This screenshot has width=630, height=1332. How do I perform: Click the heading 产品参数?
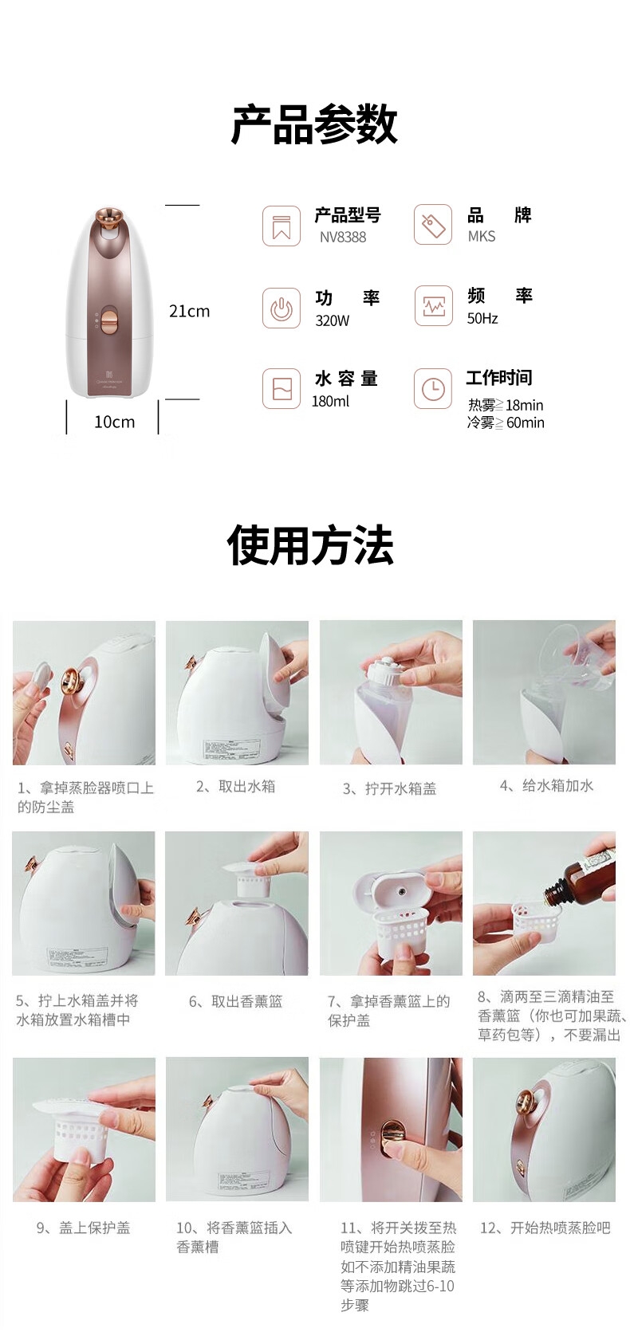pyautogui.click(x=314, y=124)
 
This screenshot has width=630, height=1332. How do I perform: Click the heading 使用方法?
pyautogui.click(x=310, y=544)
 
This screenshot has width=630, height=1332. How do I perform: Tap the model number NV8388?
pyautogui.click(x=343, y=238)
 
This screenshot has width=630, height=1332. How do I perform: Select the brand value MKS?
pyautogui.click(x=482, y=236)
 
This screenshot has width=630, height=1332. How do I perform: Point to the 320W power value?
pyautogui.click(x=332, y=320)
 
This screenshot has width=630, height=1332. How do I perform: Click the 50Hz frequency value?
pyautogui.click(x=482, y=318)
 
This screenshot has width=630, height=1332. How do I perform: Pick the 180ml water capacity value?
pyautogui.click(x=330, y=402)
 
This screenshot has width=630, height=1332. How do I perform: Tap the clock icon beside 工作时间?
pyautogui.click(x=433, y=389)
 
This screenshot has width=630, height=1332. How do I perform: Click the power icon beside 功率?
pyautogui.click(x=282, y=308)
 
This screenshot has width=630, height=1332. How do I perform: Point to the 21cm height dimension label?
pyautogui.click(x=189, y=311)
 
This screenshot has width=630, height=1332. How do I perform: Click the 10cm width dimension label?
pyautogui.click(x=114, y=422)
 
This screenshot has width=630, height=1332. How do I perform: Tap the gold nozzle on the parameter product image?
pyautogui.click(x=107, y=219)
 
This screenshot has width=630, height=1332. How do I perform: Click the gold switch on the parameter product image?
pyautogui.click(x=108, y=320)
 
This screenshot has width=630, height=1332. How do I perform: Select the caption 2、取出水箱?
pyautogui.click(x=235, y=786)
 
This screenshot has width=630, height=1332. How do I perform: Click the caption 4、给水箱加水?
pyautogui.click(x=547, y=785)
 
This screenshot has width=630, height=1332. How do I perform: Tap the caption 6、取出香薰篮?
pyautogui.click(x=235, y=1001)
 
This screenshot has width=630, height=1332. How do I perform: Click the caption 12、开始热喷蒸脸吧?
pyautogui.click(x=545, y=1228)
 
